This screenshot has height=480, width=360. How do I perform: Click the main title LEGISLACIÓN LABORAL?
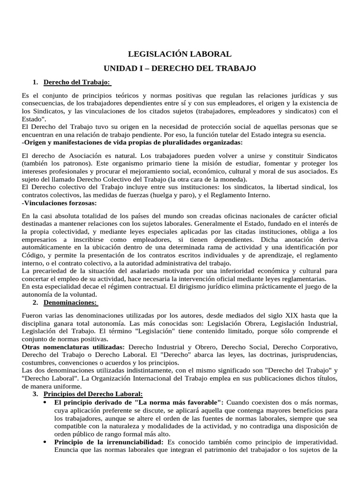tap(180, 55)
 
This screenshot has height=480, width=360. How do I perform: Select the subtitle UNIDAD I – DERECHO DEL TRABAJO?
tap(180, 68)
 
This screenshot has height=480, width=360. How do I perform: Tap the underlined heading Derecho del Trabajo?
tap(77, 82)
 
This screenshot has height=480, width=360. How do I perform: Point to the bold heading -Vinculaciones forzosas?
tap(59, 203)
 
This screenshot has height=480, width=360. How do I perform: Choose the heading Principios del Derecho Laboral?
tap(93, 393)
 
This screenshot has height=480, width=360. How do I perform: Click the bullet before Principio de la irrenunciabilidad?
tap(45, 442)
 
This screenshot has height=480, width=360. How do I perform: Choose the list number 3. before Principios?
tap(35, 393)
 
